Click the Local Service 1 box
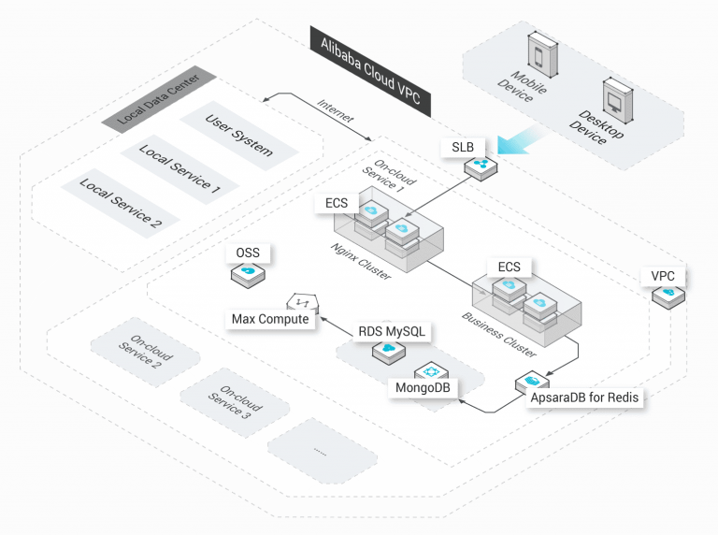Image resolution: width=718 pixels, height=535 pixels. (x=179, y=168)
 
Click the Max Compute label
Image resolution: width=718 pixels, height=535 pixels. (x=270, y=320)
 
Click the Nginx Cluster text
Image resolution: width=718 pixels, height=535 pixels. (x=360, y=261)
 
